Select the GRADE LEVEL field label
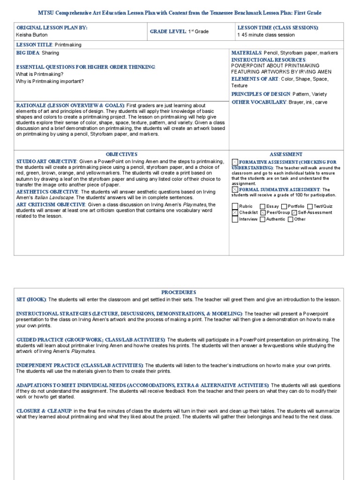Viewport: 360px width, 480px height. (x=168, y=31)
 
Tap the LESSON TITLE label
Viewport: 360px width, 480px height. (x=35, y=45)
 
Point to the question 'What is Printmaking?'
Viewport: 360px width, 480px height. (x=39, y=74)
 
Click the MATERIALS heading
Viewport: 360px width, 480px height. (x=246, y=53)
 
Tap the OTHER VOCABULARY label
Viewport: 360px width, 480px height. (x=258, y=102)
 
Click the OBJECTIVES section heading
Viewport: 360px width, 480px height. (x=121, y=154)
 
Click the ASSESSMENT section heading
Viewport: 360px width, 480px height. (x=286, y=154)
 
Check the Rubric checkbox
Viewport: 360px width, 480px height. (x=235, y=206)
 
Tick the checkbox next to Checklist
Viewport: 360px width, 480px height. (x=235, y=213)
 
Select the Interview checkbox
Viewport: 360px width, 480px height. (x=235, y=219)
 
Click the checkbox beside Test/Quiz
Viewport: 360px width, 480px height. (x=310, y=206)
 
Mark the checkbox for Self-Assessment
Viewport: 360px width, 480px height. (x=293, y=213)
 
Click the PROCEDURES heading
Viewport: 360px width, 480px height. (x=179, y=292)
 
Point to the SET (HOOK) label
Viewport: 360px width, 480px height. (x=31, y=300)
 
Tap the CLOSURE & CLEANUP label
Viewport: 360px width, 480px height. (x=44, y=411)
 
